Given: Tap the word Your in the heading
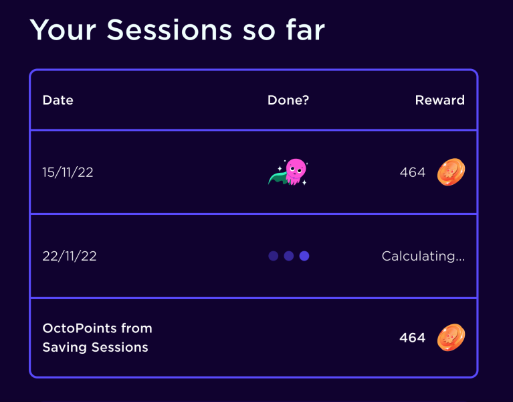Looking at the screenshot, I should (x=64, y=31).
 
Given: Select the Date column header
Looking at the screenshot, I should (x=58, y=100).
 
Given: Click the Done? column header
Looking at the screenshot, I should (x=288, y=100).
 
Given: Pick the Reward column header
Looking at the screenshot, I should (x=439, y=100).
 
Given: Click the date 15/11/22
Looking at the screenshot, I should (x=68, y=172).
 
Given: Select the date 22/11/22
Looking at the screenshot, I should (x=70, y=256).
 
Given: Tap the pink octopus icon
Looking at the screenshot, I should (x=294, y=170).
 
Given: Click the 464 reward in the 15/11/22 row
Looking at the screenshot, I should (x=412, y=172).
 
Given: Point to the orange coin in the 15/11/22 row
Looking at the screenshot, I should (x=451, y=172).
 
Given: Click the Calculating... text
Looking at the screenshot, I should (x=423, y=256).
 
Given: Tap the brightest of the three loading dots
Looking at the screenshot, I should (x=304, y=256).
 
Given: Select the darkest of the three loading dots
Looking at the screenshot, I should (x=273, y=256).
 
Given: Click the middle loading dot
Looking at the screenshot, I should (x=289, y=256).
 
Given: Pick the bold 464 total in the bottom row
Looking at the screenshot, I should (x=412, y=338).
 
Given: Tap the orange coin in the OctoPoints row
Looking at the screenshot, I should (x=451, y=338).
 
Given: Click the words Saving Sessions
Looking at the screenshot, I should (x=95, y=347).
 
